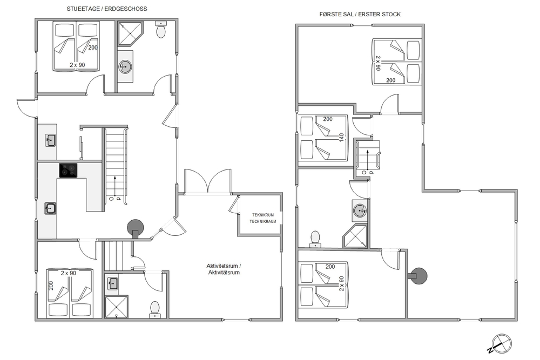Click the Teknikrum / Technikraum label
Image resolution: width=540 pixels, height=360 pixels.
[263, 218]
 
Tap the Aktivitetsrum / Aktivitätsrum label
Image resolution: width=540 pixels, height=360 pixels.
[224, 269]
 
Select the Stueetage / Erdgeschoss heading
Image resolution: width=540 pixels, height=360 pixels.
[107, 9]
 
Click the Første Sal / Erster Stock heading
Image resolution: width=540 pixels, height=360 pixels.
[360, 14]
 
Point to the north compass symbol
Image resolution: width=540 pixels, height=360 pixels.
[501, 344]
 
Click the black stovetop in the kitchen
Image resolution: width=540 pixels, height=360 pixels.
[68, 171]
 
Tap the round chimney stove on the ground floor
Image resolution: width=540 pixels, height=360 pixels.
[136, 228]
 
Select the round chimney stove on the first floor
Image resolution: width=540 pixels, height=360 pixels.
[418, 276]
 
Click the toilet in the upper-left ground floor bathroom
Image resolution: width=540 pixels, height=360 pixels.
[161, 30]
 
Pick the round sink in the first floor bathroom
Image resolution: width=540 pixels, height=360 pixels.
[360, 210]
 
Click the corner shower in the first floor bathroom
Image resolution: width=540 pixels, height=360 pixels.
[355, 236]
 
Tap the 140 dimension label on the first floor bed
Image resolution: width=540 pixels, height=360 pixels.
[341, 138]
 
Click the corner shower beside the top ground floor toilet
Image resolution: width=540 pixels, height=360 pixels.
[130, 33]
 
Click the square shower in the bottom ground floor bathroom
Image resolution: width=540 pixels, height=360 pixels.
[116, 307]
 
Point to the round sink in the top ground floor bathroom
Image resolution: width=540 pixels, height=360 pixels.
[124, 66]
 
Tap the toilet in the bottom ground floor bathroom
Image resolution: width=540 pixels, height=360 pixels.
[155, 309]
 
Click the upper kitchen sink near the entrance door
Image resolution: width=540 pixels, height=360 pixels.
[51, 140]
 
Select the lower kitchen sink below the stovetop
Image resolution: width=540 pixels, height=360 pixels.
[50, 208]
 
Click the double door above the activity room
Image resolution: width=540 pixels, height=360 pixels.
[208, 182]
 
